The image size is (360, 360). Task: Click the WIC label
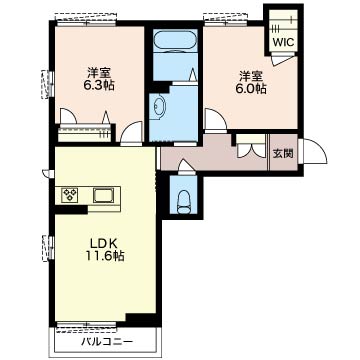284,42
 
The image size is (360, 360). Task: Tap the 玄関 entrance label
283,154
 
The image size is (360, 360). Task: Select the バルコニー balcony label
107,342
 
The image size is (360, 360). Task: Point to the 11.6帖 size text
105,256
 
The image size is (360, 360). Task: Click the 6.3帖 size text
99,85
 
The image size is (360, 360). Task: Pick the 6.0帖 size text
251,88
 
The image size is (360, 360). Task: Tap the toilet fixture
183,202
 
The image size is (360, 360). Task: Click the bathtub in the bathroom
173,41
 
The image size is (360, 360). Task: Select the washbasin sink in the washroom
159,106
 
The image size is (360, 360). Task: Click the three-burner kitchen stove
70,195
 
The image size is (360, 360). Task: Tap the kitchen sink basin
104,195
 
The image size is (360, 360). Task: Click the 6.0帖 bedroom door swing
215,119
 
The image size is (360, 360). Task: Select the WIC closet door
283,61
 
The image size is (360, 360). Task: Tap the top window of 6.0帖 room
226,20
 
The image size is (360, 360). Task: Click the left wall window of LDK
48,248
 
